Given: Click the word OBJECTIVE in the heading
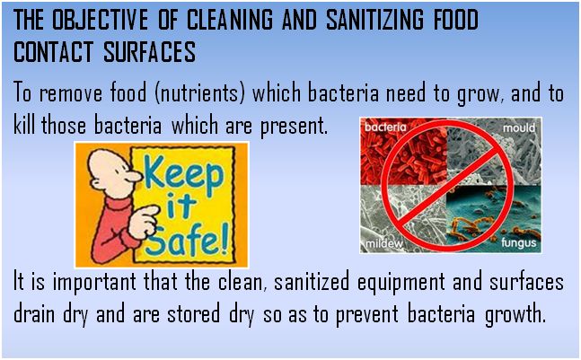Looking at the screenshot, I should point(99,20).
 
